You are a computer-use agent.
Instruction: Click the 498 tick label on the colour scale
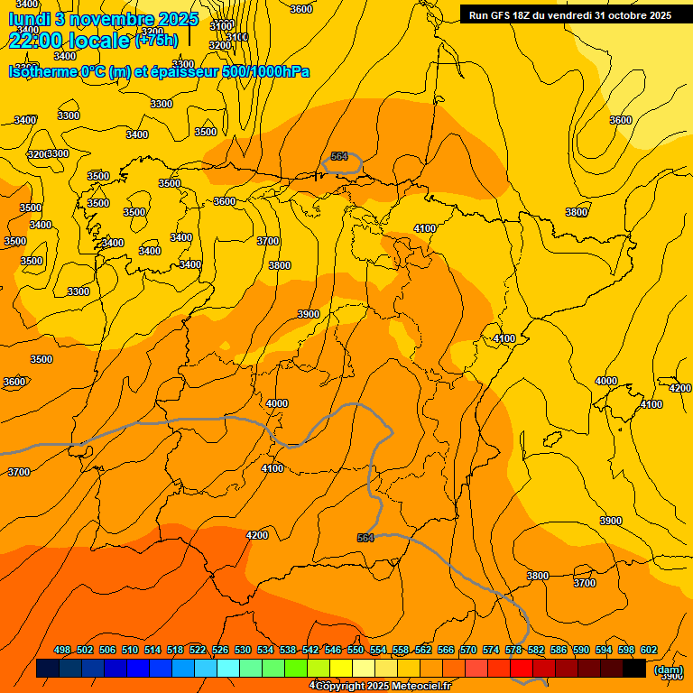click(x=62, y=651)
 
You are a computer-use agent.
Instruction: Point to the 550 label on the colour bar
click(x=355, y=651)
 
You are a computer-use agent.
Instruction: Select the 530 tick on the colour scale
click(x=243, y=651)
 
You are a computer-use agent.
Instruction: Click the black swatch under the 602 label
click(x=634, y=669)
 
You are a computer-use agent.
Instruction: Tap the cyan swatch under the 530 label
click(x=228, y=669)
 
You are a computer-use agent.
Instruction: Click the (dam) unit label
click(x=668, y=670)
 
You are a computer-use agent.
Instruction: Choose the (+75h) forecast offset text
click(x=156, y=40)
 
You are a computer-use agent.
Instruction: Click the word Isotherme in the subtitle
click(x=43, y=71)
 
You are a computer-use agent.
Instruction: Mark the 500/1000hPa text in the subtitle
click(x=265, y=71)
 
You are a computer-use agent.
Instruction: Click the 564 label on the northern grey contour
click(x=339, y=156)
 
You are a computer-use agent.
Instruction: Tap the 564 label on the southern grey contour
click(x=365, y=538)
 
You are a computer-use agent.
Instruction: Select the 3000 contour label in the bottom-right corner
click(x=672, y=675)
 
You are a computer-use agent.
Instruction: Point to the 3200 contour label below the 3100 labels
click(x=219, y=45)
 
